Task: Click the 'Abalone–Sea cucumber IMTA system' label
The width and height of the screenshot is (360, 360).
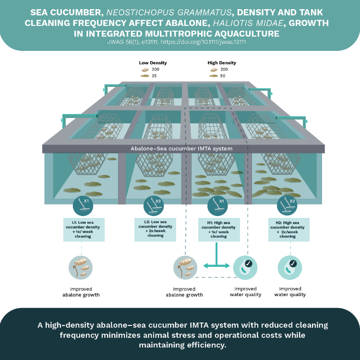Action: (x=181, y=149)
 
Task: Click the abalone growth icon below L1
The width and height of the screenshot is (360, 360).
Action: (x=81, y=268)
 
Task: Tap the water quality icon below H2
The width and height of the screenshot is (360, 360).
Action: (x=290, y=268)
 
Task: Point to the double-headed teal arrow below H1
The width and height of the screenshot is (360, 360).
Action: (x=217, y=265)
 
